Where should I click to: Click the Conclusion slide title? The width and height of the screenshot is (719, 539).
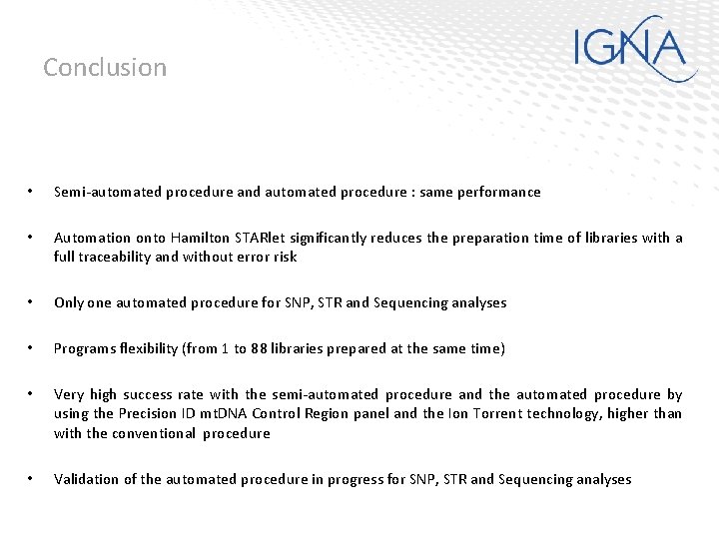coord(105,68)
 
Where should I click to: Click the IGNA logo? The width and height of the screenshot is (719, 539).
coord(635,48)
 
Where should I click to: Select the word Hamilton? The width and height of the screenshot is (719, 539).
coord(200,238)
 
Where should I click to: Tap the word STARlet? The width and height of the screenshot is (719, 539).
coord(260,238)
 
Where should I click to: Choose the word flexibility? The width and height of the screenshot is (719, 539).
coord(152,348)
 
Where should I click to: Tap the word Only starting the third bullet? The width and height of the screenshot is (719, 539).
coord(68,302)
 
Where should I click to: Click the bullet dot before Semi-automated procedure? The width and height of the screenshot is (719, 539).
coord(32,192)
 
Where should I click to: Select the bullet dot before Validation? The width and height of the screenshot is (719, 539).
coord(32,479)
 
